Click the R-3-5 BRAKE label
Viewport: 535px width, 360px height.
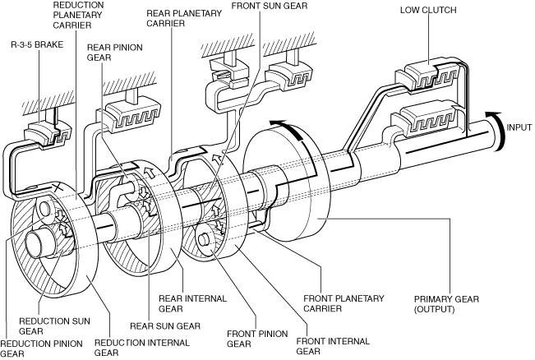(x=37, y=44)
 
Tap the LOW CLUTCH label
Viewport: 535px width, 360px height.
(x=428, y=10)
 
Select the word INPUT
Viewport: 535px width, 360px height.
(x=519, y=127)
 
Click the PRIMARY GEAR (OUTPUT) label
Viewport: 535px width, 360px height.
(x=446, y=304)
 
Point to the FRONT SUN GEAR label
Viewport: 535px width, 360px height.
(x=270, y=6)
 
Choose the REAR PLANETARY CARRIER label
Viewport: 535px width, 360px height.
(x=184, y=18)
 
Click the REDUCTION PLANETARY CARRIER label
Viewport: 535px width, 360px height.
(x=78, y=15)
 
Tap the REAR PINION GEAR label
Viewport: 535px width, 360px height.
(x=115, y=53)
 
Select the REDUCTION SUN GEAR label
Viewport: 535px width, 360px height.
(x=54, y=325)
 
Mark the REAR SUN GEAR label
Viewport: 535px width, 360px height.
(x=165, y=325)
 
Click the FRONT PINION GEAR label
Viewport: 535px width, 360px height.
(x=257, y=339)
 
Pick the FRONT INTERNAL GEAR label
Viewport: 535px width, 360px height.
(x=333, y=346)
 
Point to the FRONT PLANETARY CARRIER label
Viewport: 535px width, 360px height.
(x=344, y=303)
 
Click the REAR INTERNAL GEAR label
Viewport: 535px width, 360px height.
(x=192, y=303)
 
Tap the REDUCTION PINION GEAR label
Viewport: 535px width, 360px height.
(x=41, y=348)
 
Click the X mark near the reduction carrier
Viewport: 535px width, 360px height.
(x=58, y=187)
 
